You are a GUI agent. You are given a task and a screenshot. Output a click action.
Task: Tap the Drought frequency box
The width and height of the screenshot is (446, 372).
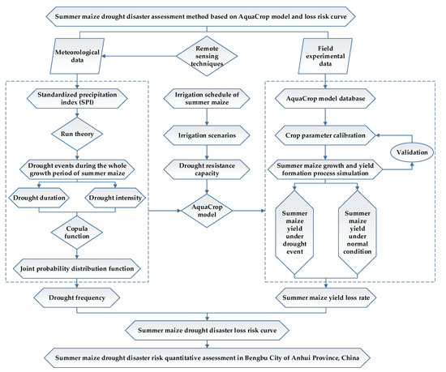click(79, 299)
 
